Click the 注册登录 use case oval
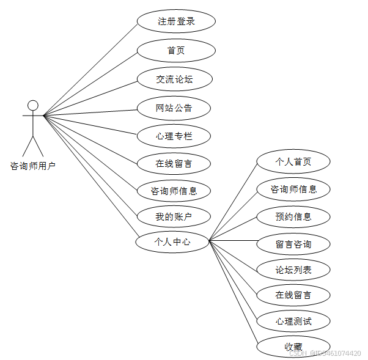(176, 22)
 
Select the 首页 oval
(176, 51)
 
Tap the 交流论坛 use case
(174, 79)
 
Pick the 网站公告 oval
(174, 108)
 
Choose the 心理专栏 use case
(174, 136)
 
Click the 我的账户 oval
(174, 216)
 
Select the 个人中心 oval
(172, 242)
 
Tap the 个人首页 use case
(293, 162)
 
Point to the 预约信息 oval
(293, 216)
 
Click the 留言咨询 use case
(293, 244)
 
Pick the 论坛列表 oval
(293, 270)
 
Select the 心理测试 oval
(293, 321)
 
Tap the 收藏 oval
(293, 347)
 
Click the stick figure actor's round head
(33, 105)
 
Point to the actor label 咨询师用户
(33, 166)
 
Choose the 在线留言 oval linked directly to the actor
(174, 163)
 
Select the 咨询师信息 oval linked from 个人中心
(293, 189)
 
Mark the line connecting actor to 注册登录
(92, 67)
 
